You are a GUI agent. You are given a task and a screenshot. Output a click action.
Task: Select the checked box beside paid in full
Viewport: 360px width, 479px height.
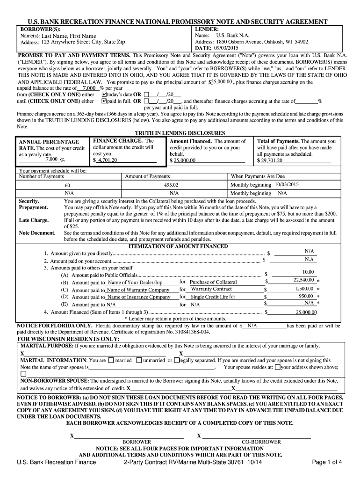104,101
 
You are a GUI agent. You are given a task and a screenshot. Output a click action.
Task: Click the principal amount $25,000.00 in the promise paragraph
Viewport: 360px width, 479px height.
221,82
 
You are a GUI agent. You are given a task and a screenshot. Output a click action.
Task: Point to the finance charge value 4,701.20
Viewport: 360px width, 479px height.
107,160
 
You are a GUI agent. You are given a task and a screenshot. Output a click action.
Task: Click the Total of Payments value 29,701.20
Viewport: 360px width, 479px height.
272,160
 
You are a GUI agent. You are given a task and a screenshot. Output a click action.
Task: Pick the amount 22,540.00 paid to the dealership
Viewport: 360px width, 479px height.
303,280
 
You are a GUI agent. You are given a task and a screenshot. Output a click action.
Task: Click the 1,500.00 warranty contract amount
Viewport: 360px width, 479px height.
304,289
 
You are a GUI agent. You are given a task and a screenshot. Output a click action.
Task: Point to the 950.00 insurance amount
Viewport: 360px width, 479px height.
306,296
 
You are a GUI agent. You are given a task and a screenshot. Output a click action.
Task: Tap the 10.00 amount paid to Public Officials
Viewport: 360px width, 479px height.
308,272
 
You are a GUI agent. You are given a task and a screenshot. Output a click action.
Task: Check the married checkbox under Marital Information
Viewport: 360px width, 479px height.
111,360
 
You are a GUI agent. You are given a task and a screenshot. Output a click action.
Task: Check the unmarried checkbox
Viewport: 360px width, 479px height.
139,360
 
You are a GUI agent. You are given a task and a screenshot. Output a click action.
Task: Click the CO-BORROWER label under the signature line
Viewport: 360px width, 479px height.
261,442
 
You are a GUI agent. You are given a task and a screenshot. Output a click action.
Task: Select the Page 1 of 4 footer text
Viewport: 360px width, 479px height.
327,463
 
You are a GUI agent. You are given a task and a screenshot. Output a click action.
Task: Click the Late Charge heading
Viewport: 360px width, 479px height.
34,220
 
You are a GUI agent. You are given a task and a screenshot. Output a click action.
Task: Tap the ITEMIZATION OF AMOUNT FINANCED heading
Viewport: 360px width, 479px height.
178,246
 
